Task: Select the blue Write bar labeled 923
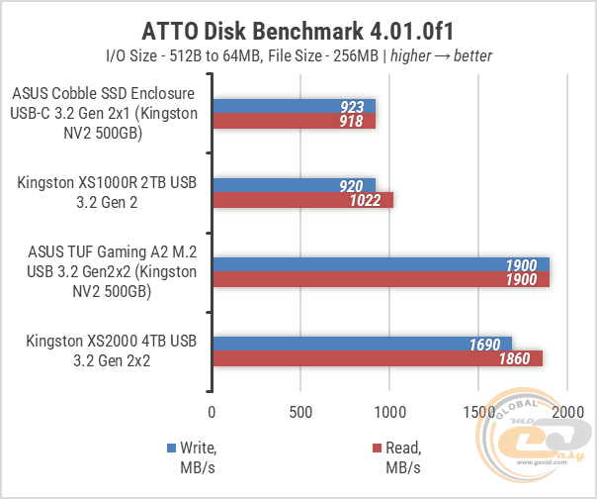[294, 106]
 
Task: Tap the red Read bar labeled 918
[294, 122]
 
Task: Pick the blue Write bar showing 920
[294, 184]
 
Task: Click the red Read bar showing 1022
[302, 200]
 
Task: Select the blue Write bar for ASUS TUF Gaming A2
[381, 264]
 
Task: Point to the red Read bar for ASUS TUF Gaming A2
[381, 280]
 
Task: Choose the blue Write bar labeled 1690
[362, 344]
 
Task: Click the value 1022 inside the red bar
[373, 200]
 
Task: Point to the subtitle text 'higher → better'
[440, 55]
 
